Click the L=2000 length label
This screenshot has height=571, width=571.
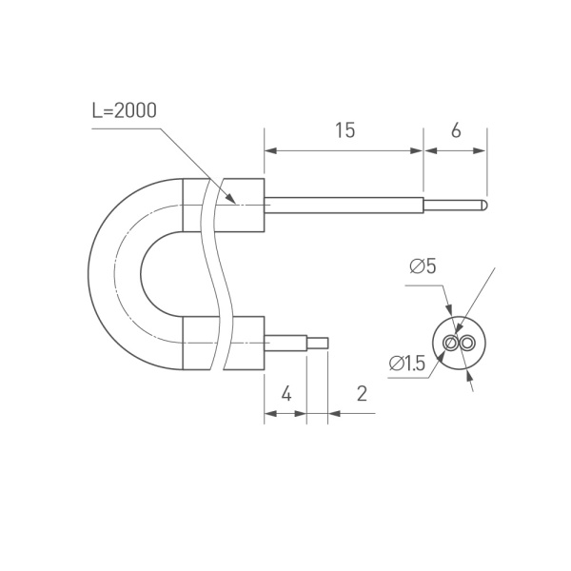pos(125,110)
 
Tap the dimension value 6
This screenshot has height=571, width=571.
pos(456,130)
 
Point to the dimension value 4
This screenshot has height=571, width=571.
pos(285,393)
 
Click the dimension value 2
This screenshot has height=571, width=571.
pos(362,393)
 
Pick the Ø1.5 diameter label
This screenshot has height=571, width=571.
pos(406,363)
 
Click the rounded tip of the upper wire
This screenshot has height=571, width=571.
pos(484,204)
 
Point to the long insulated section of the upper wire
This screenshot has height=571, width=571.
pos(343,204)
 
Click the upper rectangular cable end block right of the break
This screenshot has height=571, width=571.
pos(245,206)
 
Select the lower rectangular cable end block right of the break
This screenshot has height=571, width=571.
pos(246,342)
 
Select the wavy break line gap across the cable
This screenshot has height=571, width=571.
pos(215,274)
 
